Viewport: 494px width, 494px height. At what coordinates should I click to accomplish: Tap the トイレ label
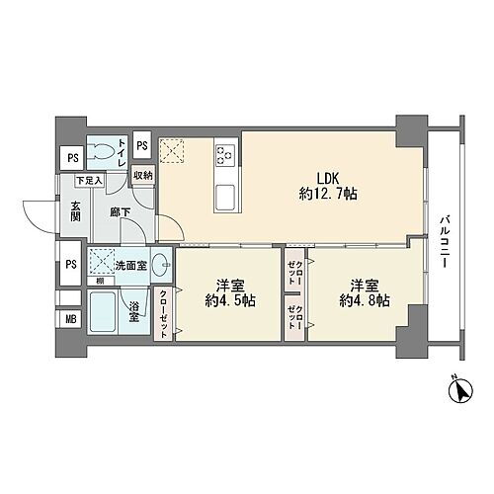point(122,151)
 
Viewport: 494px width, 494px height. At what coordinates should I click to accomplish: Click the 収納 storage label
point(144,176)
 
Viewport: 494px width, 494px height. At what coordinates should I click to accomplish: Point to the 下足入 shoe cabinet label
point(92,181)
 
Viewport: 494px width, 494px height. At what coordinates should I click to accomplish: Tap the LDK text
point(327,178)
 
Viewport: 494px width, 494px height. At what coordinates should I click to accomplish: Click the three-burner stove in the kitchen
point(223,154)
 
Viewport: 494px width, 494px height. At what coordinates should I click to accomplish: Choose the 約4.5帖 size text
point(230,300)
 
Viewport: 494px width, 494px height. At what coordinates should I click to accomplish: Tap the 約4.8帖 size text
point(364,300)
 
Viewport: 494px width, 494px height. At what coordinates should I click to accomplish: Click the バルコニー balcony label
point(446,241)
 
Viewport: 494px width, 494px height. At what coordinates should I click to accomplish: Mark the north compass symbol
point(458,392)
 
